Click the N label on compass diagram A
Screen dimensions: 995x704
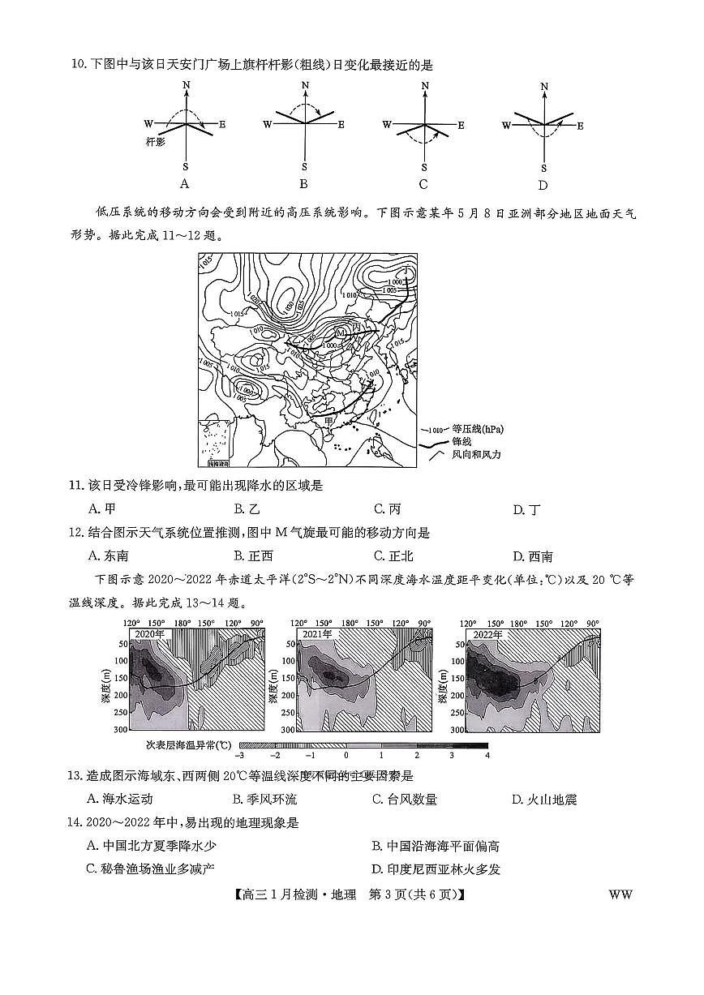[x=187, y=85]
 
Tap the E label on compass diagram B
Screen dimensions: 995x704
[x=341, y=124]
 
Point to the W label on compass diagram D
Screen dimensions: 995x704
[x=506, y=125]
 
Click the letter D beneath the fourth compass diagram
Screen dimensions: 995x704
[x=543, y=184]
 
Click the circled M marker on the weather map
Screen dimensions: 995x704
[x=340, y=333]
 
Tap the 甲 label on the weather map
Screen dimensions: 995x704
[x=328, y=421]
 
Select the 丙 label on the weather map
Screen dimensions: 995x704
[x=355, y=326]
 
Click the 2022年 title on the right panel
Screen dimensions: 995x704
[x=484, y=633]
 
